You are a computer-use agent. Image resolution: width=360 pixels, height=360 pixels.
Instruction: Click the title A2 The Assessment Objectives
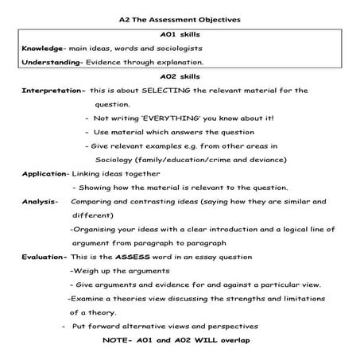point(180,19)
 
